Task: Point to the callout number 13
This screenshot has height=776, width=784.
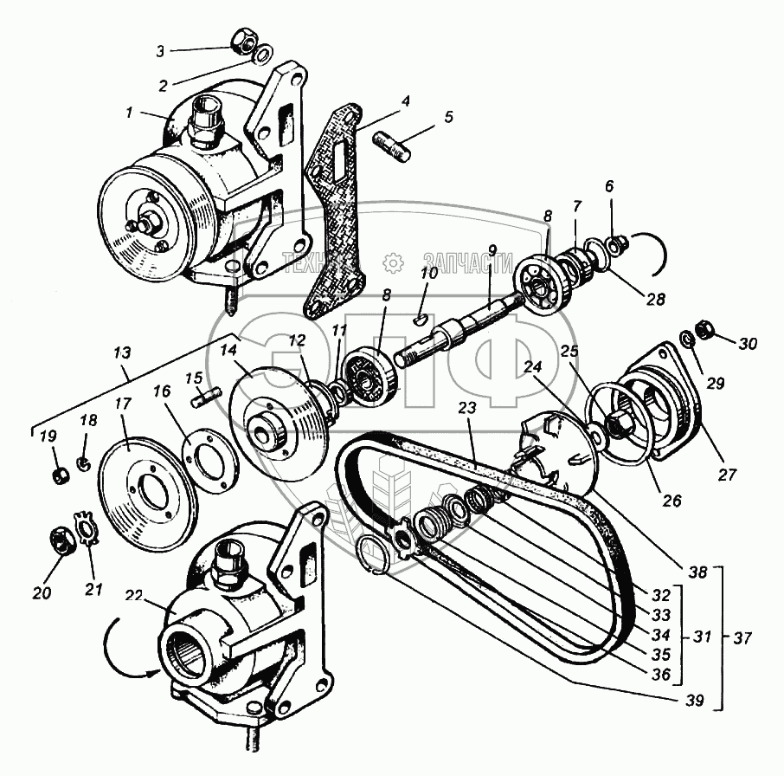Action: tap(123, 352)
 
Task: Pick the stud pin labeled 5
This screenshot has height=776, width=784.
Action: tap(398, 142)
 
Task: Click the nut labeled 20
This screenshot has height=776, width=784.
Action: tap(57, 540)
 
